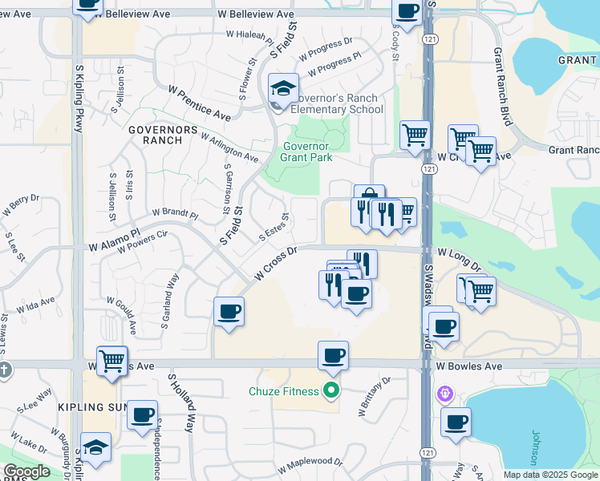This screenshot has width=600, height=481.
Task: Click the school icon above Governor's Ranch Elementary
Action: (283, 89)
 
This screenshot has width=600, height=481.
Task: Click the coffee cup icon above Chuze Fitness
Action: (333, 355)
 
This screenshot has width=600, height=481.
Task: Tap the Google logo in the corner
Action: (26, 471)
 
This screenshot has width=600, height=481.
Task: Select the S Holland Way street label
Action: (180, 402)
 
